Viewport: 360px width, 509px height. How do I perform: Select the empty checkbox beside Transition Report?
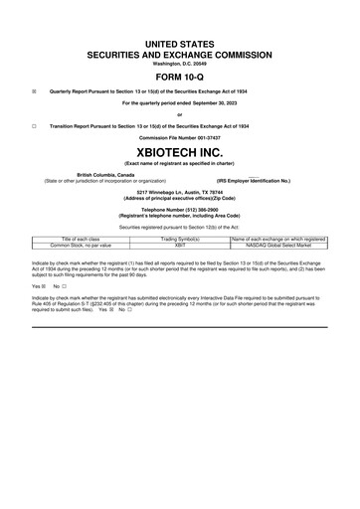point(34,126)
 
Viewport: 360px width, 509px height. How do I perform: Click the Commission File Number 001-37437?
point(180,137)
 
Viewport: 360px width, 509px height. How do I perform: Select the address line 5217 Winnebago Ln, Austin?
point(180,191)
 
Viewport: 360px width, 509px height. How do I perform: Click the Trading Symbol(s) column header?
point(180,240)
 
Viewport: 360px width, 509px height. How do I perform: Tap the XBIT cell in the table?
point(180,246)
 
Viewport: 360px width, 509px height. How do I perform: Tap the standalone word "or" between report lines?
point(180,115)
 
